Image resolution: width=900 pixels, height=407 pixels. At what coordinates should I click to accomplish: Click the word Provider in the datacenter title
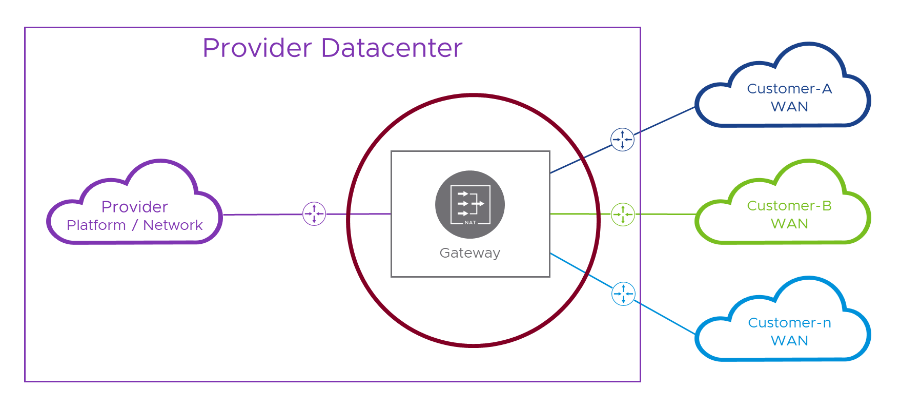[257, 48]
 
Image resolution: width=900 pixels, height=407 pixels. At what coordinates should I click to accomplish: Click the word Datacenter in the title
[392, 48]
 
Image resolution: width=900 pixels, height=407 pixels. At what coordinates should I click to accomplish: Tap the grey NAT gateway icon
[470, 204]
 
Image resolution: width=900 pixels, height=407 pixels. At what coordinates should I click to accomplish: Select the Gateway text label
[470, 253]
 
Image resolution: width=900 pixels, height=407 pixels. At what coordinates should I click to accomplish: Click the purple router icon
[314, 214]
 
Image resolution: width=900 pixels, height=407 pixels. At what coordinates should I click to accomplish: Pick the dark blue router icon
[622, 140]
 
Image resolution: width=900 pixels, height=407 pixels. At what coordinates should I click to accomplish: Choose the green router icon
[623, 215]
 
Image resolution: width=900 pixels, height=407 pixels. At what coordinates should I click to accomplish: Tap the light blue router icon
[623, 294]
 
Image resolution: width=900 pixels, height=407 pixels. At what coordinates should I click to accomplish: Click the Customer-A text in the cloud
[789, 89]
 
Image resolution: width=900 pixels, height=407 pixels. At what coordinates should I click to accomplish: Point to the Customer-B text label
[789, 206]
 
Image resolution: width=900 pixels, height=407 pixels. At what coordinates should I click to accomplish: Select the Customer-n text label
[789, 323]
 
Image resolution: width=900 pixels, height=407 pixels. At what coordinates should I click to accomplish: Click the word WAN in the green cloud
[789, 224]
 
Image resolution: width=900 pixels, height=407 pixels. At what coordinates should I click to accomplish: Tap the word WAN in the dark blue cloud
[789, 107]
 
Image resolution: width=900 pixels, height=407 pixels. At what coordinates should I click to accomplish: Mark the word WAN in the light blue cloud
[789, 341]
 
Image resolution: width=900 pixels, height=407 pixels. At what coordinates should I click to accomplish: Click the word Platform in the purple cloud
[96, 225]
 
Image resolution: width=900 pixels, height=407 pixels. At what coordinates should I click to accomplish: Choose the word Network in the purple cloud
[173, 225]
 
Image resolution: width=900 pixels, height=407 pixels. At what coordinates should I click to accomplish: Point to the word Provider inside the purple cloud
[135, 207]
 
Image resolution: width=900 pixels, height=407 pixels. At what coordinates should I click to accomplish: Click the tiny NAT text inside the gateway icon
[470, 223]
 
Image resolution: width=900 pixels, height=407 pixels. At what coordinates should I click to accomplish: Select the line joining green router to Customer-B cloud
[665, 214]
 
